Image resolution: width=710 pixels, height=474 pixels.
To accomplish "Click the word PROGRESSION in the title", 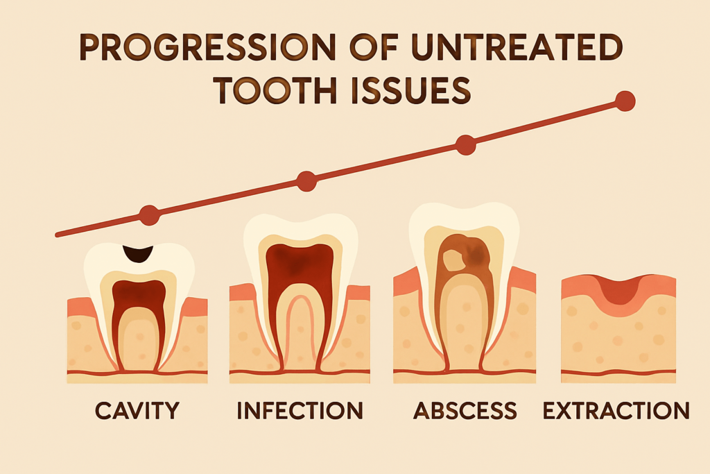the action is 207,47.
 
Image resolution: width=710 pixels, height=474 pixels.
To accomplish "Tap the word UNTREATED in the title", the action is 517,47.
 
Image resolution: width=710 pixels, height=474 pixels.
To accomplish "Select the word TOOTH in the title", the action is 275,90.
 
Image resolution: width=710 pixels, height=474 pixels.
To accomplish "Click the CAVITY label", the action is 137,411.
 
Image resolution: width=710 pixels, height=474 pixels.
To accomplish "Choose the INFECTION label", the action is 300,411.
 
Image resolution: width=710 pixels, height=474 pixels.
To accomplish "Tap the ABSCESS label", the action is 465,411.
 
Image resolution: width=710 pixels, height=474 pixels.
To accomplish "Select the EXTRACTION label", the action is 616,411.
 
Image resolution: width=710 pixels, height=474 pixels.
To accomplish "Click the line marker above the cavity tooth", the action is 150,215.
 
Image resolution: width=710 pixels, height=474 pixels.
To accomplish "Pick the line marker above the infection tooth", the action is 306,181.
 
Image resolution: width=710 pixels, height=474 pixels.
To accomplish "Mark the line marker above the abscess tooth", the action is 465,145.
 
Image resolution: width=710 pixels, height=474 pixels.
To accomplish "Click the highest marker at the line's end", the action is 625,101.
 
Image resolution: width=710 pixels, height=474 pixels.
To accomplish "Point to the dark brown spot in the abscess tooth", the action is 476,255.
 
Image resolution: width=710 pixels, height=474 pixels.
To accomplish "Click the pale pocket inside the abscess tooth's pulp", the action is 452,260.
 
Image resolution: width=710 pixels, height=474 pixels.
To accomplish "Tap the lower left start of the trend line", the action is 57,235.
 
